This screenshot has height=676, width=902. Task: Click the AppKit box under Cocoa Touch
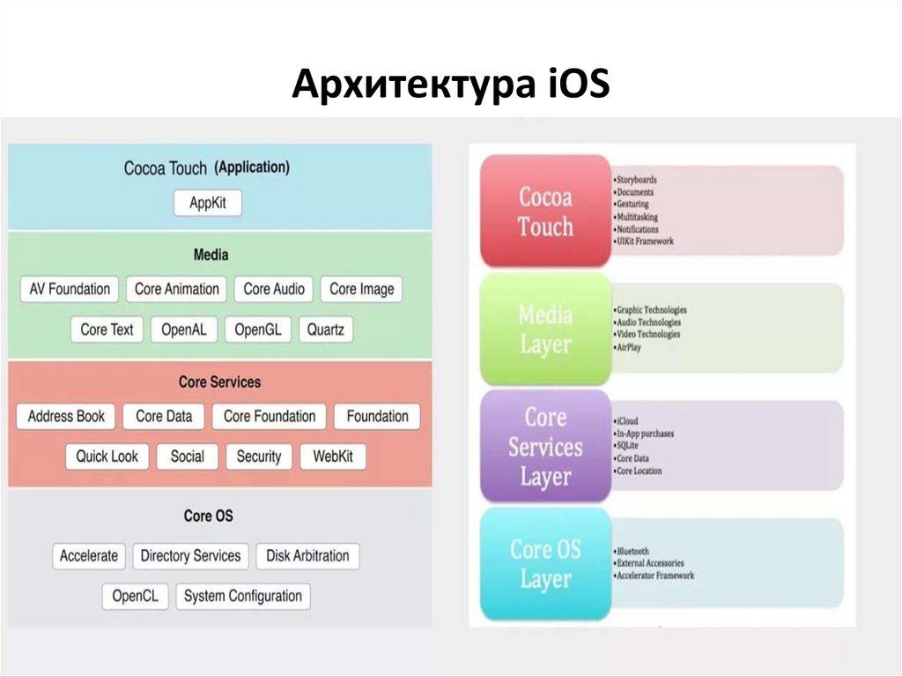208,203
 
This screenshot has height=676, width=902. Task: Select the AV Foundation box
70,289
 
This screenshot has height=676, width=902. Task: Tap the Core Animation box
177,289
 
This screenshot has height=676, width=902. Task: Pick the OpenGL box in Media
257,330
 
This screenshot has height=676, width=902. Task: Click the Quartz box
325,330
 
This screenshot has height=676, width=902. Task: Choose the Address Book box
66,416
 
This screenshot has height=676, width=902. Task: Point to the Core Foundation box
270,416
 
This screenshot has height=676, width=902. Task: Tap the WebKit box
333,457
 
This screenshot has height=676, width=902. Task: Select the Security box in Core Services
259,457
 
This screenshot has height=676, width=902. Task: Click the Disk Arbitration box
307,556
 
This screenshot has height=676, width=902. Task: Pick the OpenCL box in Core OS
135,597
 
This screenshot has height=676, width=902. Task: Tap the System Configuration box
242,597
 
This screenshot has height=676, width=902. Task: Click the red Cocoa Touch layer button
545,212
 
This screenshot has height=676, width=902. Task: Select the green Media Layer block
545,329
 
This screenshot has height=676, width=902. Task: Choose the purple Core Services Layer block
545,446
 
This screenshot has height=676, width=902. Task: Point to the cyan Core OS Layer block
545,564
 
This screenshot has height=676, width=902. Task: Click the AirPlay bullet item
629,347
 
